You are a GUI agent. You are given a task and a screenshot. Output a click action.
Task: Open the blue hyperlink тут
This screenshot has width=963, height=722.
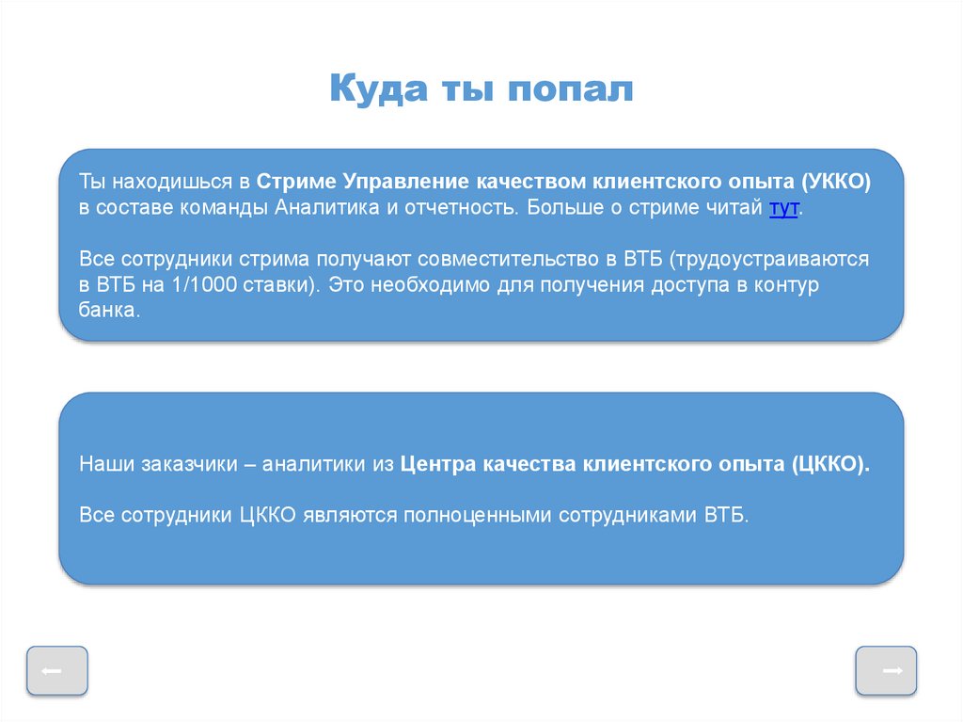coord(783,208)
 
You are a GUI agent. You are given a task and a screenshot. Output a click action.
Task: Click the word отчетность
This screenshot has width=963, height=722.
coord(461,208)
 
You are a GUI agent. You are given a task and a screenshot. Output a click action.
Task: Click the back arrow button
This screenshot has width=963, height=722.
coord(57,671)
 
